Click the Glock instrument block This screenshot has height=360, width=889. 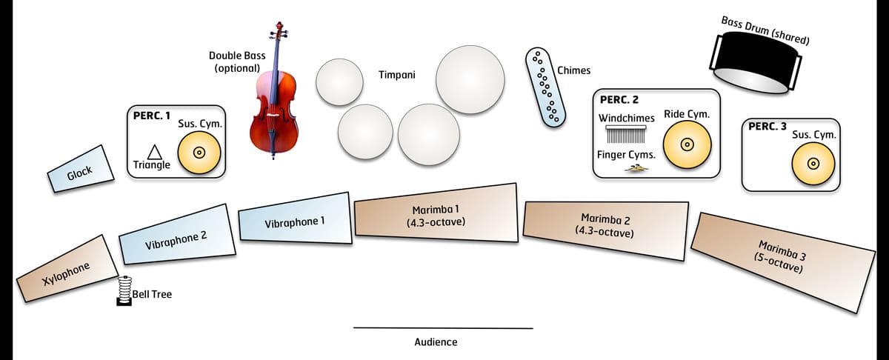tap(80, 173)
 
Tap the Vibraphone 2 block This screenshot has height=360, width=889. tap(176, 236)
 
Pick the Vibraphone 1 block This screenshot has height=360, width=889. tap(294, 220)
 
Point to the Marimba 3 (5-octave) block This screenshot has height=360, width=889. tap(782, 256)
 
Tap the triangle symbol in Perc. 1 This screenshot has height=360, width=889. tap(155, 152)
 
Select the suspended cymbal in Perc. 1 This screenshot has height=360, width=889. tap(199, 153)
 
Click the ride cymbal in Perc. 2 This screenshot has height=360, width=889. tap(687, 143)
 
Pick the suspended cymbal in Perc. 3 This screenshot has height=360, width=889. tap(813, 164)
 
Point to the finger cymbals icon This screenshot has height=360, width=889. tap(636, 170)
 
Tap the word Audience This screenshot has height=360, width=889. tap(436, 341)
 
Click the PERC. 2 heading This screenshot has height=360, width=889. tap(619, 100)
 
